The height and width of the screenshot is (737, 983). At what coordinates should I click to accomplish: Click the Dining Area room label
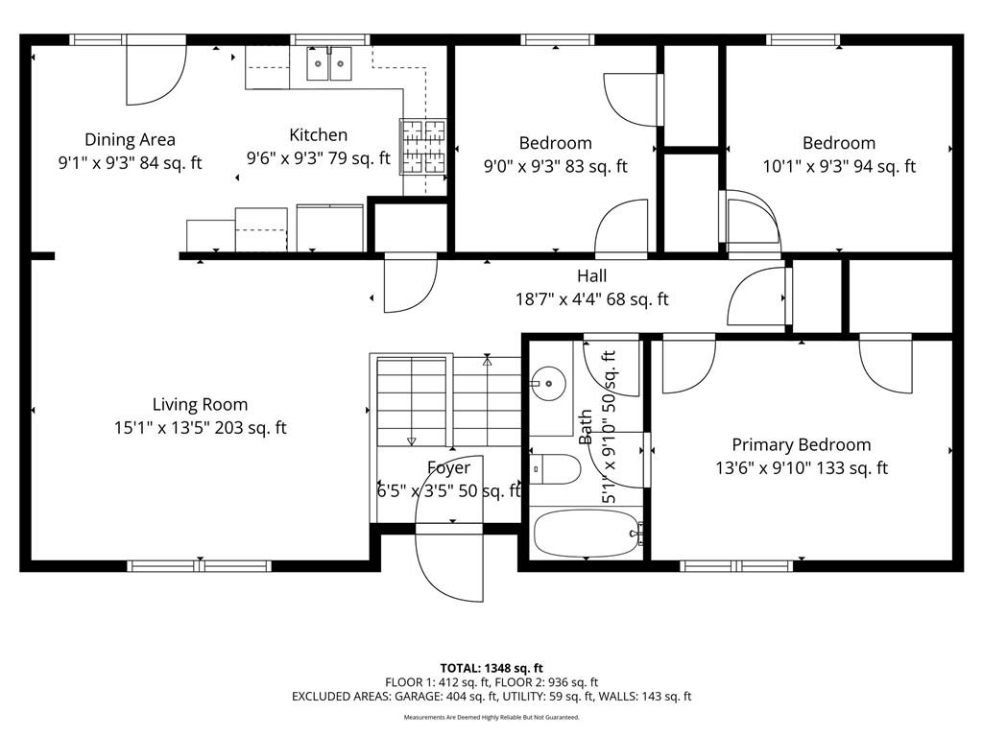[130, 139]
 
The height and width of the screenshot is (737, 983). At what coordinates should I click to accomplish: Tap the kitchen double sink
[329, 63]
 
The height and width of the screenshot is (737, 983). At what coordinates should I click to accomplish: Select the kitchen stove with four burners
[423, 146]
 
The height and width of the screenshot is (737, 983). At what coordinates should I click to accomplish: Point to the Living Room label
[200, 404]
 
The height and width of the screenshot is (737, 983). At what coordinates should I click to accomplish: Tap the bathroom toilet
[556, 468]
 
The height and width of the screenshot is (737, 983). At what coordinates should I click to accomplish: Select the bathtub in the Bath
[586, 534]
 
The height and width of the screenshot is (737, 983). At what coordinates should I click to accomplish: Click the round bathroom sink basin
[548, 382]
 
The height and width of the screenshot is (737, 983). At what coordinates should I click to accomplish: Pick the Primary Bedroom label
[802, 444]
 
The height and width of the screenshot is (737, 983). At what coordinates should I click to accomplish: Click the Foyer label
[449, 467]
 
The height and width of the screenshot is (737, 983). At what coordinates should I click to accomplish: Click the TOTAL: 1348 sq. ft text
[491, 668]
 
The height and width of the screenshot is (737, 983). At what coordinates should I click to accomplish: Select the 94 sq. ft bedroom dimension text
[839, 166]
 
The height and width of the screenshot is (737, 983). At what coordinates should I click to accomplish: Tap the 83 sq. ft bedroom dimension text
[556, 166]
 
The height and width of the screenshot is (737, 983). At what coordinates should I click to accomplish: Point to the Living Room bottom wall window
[200, 566]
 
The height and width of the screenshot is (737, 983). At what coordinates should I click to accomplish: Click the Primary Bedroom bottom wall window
[736, 566]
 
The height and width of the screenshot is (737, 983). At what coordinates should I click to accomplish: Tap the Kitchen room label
[318, 134]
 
